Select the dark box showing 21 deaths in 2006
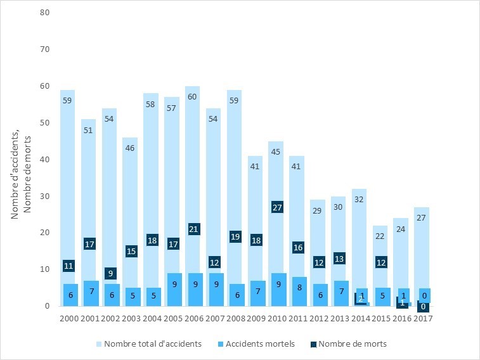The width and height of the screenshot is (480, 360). coord(194,229)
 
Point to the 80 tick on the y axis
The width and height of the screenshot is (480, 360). coord(45,13)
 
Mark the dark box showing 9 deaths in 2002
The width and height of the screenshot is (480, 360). coord(110,273)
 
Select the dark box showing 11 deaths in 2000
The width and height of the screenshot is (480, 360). coord(69,266)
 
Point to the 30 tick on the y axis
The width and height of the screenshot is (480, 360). coord(45,196)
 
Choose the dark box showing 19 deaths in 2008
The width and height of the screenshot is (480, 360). coord(236,236)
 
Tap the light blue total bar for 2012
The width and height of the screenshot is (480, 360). coord(319,241)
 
